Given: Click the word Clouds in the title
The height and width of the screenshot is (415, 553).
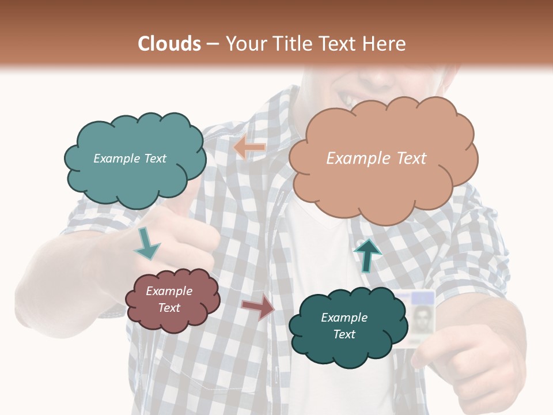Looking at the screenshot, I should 169,44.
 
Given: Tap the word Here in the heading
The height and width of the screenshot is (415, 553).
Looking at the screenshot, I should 385,44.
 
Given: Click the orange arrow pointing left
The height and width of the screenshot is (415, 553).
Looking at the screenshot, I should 249,148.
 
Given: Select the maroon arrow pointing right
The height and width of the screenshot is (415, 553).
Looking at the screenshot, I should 258,308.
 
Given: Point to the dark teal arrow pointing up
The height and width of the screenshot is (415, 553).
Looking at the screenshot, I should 367,254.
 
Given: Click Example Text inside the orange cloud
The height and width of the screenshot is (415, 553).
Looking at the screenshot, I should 376,159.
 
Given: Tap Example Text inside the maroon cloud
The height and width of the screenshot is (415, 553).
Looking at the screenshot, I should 169,299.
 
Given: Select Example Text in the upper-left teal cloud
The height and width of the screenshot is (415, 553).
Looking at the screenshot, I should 130,159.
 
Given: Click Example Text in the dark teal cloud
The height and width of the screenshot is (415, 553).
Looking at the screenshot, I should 344,326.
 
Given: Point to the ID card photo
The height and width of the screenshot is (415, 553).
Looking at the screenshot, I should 422,318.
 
